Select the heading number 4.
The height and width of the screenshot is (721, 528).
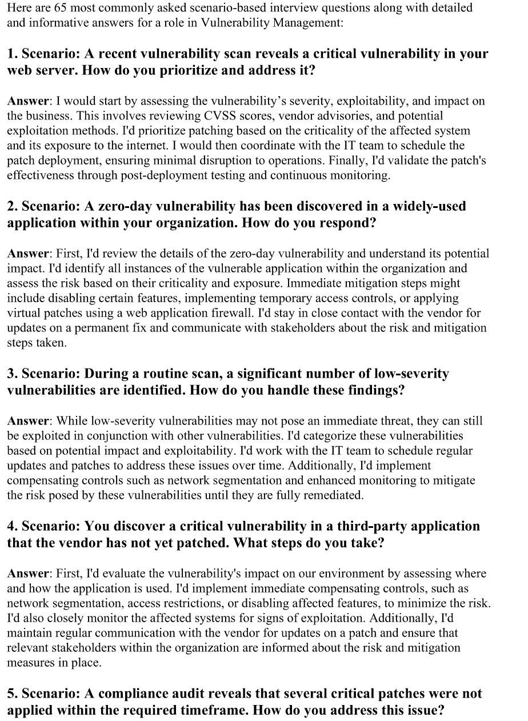(11, 526)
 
